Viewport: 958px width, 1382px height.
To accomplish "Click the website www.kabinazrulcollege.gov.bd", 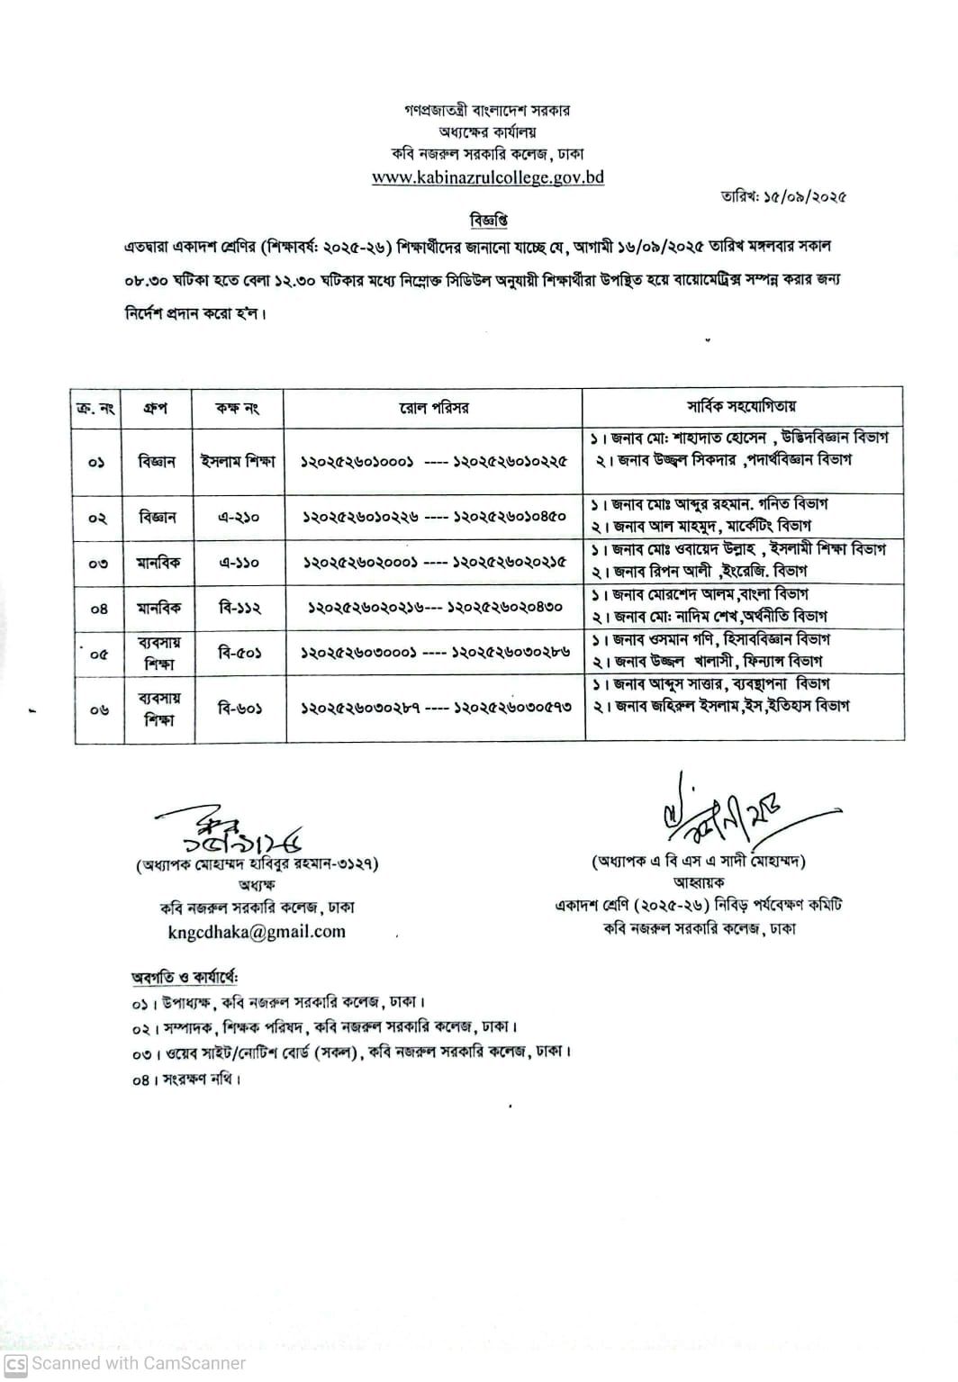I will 487,177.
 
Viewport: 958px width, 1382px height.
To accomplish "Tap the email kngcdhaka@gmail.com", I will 256,932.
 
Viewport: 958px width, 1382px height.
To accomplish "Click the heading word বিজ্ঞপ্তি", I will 488,220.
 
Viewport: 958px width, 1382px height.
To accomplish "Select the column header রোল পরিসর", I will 434,408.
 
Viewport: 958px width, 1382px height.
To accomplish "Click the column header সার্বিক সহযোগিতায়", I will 742,407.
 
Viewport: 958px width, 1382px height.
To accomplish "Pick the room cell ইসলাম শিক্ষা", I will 238,461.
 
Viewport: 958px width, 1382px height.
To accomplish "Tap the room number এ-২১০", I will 238,518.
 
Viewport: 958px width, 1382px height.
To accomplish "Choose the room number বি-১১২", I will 239,608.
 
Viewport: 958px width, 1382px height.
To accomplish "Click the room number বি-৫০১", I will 239,653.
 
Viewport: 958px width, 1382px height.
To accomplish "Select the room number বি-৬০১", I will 239,709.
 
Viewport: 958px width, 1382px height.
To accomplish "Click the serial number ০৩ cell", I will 97,564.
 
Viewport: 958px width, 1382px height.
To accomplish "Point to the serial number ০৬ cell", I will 97,709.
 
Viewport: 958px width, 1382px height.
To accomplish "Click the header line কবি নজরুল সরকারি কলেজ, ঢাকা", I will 487,154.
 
